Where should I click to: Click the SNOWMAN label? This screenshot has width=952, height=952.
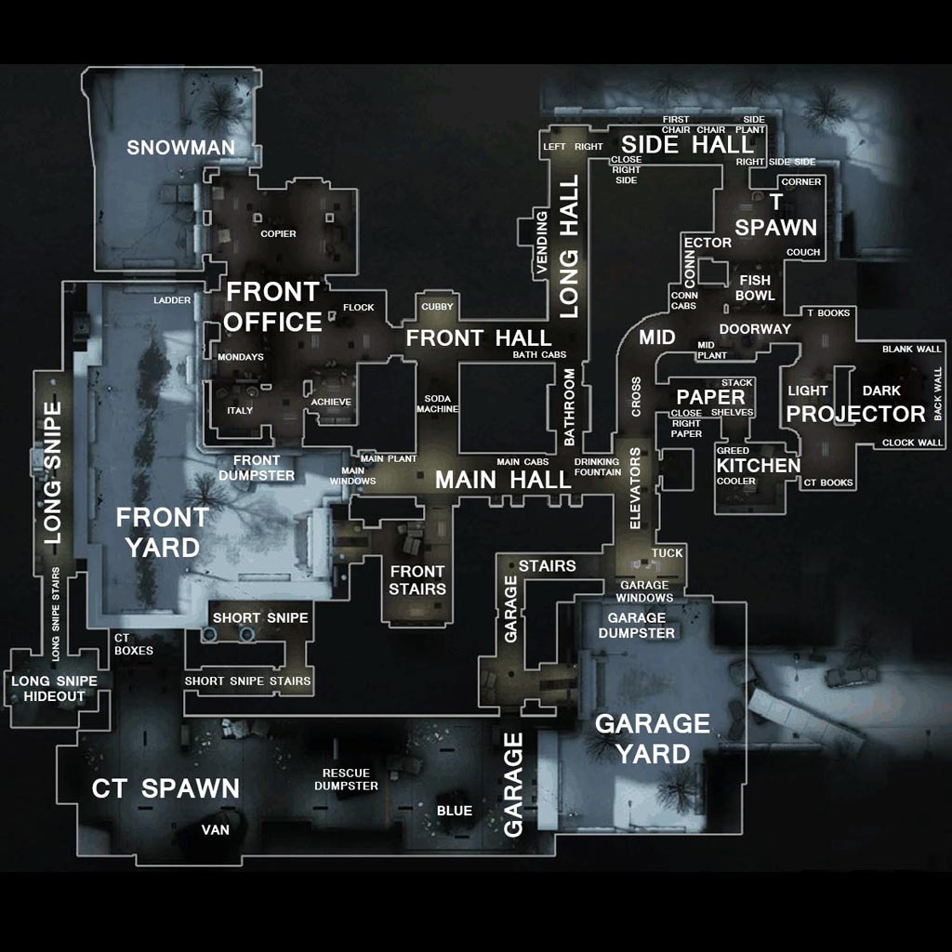tap(180, 147)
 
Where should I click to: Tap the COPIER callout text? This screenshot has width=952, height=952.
tap(278, 233)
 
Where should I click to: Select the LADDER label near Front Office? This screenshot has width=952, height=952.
tap(172, 300)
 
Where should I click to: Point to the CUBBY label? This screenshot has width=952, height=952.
tap(437, 306)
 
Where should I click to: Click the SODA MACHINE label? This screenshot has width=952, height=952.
tap(437, 403)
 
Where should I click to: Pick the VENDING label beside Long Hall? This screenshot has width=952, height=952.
tap(542, 243)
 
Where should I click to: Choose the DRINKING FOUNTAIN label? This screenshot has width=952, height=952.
tap(597, 467)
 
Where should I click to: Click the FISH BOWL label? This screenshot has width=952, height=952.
tap(754, 287)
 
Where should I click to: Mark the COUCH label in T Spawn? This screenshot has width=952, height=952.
tap(803, 252)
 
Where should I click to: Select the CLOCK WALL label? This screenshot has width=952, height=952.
tap(911, 443)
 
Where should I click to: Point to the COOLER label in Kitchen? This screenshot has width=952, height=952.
tap(735, 482)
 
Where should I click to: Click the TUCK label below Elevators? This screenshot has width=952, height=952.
tap(667, 553)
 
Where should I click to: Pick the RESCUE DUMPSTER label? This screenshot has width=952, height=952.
tap(346, 779)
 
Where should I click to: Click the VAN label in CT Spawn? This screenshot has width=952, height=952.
tap(215, 829)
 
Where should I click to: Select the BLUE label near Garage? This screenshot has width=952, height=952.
tap(454, 811)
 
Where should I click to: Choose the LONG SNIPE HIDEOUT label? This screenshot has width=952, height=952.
tap(47, 689)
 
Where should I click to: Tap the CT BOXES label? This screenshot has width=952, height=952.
tap(133, 644)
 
